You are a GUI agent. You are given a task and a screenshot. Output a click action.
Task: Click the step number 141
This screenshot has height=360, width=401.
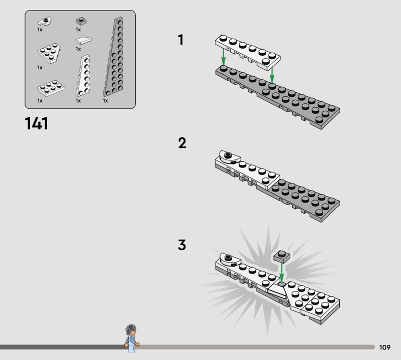(36, 123)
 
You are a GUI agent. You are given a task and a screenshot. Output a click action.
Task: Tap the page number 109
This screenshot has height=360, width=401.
(384, 347)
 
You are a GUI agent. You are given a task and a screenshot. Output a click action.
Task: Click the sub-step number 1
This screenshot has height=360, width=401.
(181, 40)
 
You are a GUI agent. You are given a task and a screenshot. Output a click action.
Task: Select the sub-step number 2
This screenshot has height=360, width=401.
(182, 143)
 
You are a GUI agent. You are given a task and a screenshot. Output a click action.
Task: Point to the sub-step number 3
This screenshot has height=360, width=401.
(182, 245)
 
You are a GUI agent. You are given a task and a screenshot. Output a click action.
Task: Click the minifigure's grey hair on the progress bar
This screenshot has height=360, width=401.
(131, 329)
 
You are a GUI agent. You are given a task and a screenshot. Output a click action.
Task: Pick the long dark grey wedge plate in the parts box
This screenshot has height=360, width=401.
(114, 57)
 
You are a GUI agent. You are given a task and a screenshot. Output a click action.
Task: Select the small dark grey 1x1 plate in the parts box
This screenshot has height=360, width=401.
(81, 21)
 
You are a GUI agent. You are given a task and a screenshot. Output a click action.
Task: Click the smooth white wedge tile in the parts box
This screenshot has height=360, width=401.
(83, 41)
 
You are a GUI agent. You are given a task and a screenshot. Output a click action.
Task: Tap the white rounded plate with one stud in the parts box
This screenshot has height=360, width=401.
(45, 21)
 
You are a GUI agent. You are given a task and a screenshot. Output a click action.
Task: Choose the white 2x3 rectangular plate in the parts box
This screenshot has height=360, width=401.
(51, 88)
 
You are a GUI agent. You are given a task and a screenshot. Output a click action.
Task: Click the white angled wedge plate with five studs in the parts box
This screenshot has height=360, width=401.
(49, 53)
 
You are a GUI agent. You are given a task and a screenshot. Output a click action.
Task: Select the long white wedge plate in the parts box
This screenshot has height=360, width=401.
(83, 76)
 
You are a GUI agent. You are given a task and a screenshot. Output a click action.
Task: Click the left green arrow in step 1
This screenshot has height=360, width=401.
(224, 57)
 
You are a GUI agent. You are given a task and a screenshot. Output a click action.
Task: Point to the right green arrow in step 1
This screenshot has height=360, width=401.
(272, 76)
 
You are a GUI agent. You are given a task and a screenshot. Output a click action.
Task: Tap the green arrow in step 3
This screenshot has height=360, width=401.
(281, 273)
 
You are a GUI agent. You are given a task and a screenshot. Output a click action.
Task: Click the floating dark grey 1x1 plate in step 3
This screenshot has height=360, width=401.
(282, 256)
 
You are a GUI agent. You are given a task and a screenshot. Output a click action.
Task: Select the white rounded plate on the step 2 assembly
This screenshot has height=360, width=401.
(230, 157)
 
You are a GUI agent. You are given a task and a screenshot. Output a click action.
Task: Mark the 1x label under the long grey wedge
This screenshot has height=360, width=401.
(105, 101)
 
